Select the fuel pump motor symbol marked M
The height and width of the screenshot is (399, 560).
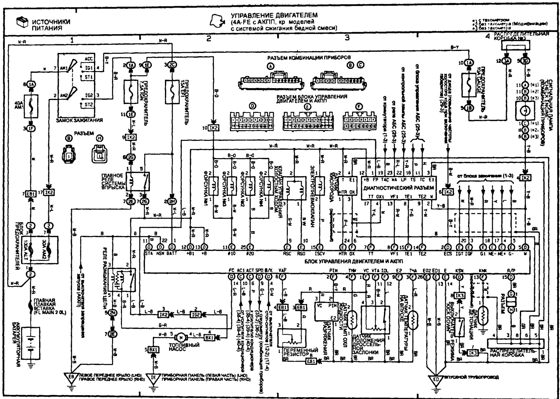(180, 337)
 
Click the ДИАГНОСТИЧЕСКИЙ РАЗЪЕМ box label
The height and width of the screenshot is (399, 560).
(399, 188)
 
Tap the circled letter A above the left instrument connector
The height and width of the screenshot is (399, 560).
(271, 66)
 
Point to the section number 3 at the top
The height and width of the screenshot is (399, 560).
(347, 38)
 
